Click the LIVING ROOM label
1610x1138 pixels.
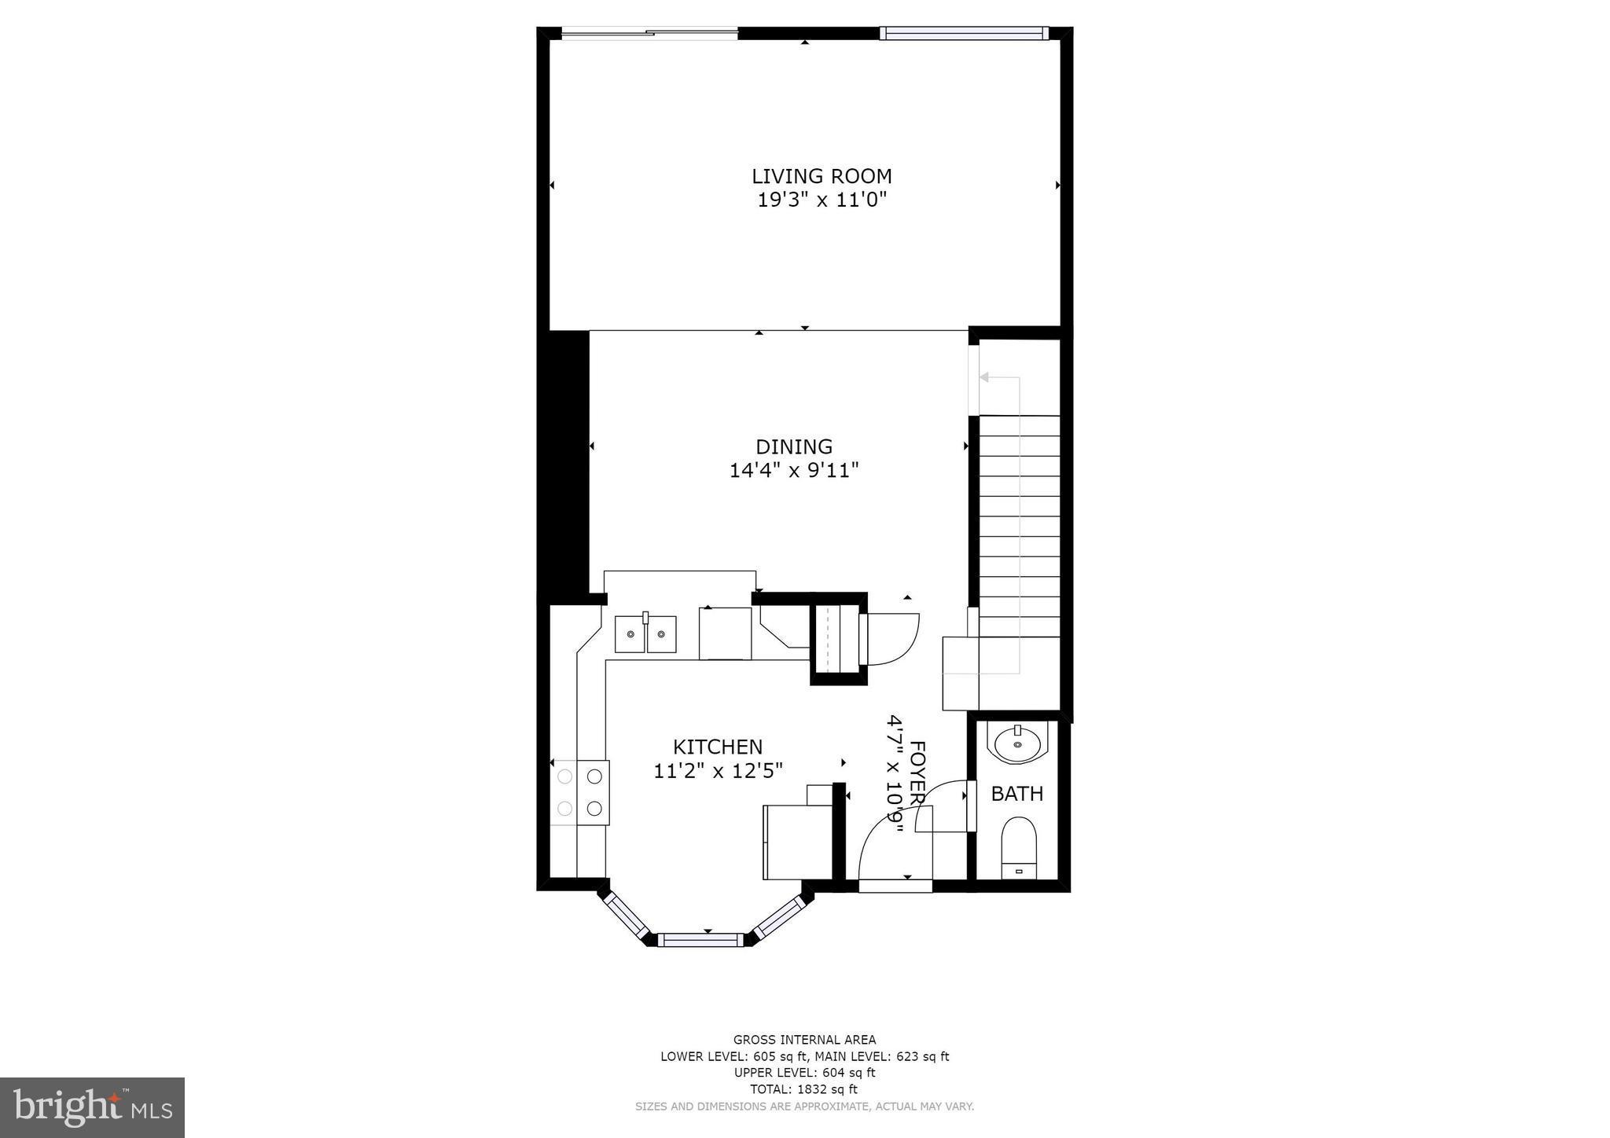pos(822,176)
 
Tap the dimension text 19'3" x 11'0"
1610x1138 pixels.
pos(822,200)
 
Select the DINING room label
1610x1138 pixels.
pos(794,446)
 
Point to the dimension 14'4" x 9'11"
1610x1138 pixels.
pos(794,471)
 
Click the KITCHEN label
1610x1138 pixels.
pos(718,747)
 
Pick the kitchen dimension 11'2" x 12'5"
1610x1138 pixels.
pos(718,771)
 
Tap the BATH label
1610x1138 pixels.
pos(1017,794)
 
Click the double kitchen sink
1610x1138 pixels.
pos(645,634)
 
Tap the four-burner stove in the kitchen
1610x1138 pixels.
pos(580,792)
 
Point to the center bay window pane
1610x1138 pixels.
pos(700,939)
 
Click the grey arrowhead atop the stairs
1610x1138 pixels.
pos(983,377)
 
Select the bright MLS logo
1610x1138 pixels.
pos(93,1107)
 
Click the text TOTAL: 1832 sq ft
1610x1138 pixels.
pos(804,1089)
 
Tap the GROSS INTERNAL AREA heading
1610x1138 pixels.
pos(804,1040)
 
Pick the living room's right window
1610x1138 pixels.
pos(964,32)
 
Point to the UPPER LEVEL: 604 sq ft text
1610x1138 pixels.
pos(804,1073)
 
